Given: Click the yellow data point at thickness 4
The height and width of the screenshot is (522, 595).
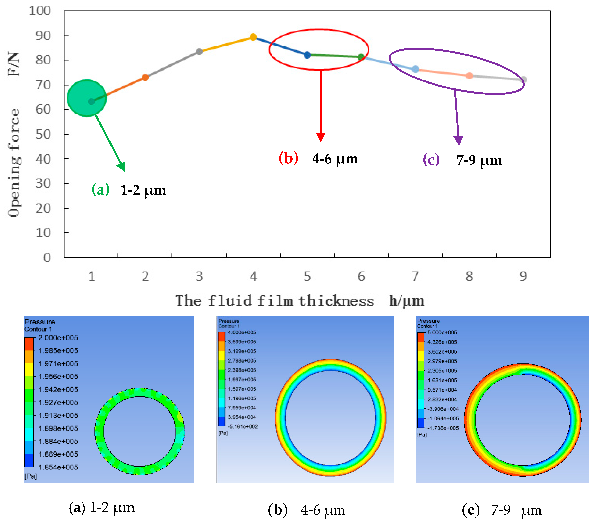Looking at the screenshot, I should pyautogui.click(x=253, y=37).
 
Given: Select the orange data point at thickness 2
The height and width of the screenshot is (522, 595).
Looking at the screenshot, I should pyautogui.click(x=145, y=77).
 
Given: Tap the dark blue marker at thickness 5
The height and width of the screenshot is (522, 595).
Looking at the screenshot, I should pyautogui.click(x=307, y=55).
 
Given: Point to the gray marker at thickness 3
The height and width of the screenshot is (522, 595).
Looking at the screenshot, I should pyautogui.click(x=199, y=52).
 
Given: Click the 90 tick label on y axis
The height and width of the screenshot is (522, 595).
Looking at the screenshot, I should pyautogui.click(x=43, y=36).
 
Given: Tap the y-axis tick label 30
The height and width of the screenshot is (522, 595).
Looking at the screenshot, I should pyautogui.click(x=43, y=184).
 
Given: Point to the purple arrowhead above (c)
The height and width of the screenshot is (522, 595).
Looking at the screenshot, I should pyautogui.click(x=459, y=140).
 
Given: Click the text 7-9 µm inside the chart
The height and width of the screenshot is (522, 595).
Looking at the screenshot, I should pyautogui.click(x=479, y=160).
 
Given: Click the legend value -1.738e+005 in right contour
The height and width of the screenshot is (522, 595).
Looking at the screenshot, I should pyautogui.click(x=443, y=428).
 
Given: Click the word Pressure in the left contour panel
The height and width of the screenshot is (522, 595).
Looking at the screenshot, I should pyautogui.click(x=40, y=322).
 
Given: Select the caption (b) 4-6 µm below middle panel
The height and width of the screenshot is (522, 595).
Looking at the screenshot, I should pyautogui.click(x=306, y=510).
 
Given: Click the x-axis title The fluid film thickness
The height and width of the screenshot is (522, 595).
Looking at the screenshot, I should pyautogui.click(x=274, y=301).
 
